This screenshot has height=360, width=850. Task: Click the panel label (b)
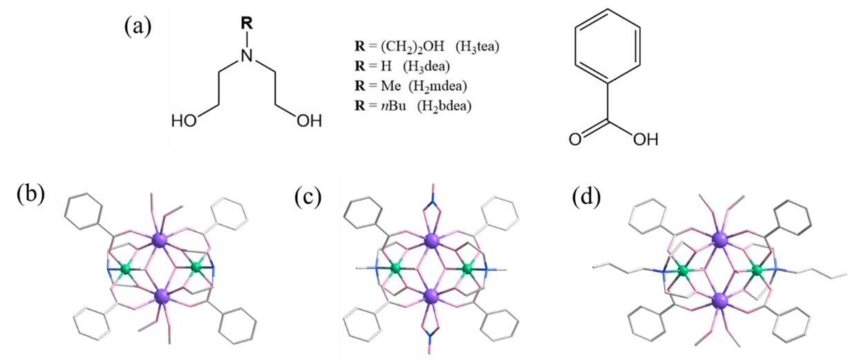(30, 195)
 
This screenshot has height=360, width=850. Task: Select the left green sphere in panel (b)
(125, 267)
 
